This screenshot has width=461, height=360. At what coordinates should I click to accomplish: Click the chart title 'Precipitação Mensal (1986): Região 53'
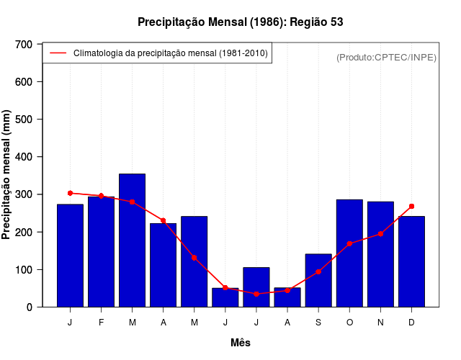coord(240,22)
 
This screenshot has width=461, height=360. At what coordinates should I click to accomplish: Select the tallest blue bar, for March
coord(132,240)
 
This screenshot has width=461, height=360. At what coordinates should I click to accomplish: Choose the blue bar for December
coord(411,261)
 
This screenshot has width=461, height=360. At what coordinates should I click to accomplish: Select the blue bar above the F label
coord(101,252)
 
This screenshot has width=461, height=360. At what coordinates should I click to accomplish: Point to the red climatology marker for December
coord(411,207)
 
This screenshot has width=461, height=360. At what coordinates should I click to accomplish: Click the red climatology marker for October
coord(349,243)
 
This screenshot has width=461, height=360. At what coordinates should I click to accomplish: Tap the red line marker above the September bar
coord(318,271)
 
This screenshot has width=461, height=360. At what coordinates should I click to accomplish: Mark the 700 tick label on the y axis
coord(24,45)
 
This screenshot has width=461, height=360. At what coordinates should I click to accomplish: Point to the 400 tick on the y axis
coord(24,157)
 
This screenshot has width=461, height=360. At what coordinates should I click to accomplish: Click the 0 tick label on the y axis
coord(30,307)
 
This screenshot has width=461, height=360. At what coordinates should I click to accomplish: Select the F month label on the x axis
coord(101,323)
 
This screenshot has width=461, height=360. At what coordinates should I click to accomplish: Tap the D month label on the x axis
coord(411,323)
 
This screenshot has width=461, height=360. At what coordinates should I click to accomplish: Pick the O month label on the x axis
coord(349,323)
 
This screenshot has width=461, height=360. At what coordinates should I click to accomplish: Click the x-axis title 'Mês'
coord(240,343)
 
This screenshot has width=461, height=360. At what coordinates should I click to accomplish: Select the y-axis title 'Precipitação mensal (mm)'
coord(7,175)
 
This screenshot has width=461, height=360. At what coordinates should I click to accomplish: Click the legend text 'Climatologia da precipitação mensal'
coord(170,53)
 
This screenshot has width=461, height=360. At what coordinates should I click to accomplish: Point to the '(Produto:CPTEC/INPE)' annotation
coord(386,57)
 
